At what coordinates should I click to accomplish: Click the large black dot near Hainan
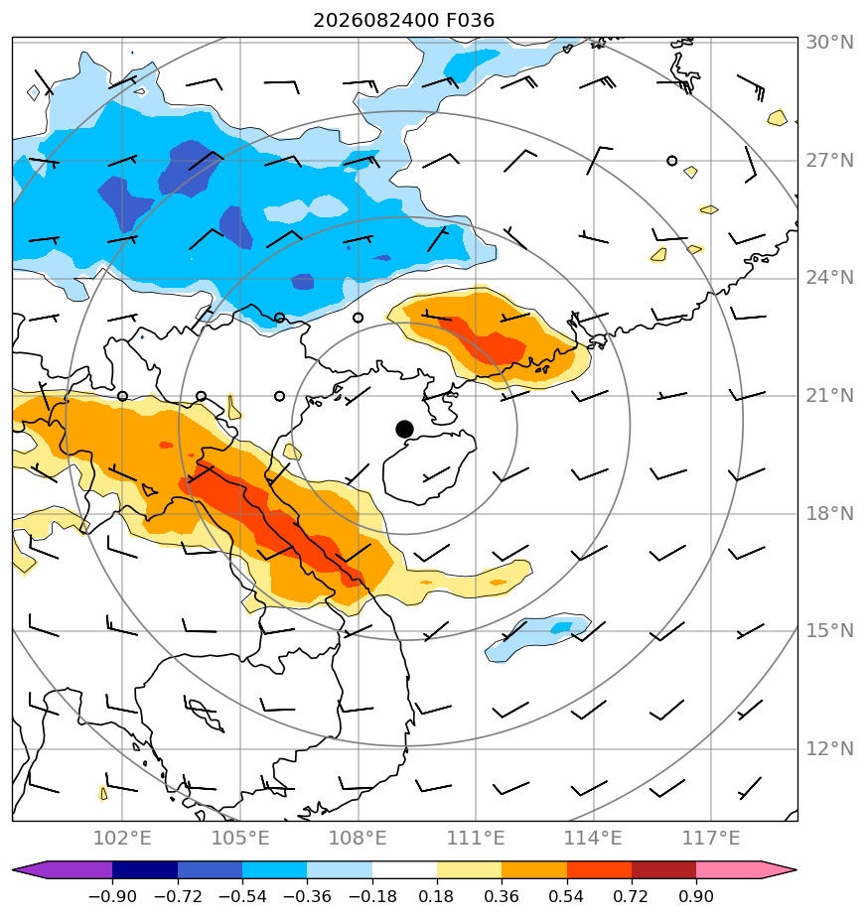404,430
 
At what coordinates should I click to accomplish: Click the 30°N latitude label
829,42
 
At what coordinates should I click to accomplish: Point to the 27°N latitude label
829,160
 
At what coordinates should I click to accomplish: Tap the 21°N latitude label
829,396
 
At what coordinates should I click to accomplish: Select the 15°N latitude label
829,631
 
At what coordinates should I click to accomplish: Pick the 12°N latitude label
829,748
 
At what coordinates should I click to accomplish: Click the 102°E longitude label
122,838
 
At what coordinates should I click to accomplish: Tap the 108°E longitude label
358,838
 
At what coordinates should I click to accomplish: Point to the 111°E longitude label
476,838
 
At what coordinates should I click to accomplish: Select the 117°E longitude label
711,838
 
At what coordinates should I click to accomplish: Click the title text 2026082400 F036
404,21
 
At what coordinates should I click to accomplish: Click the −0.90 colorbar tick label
112,896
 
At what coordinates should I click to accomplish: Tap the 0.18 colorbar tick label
437,896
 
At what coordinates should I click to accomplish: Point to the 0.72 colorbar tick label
631,896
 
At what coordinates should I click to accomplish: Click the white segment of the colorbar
404,869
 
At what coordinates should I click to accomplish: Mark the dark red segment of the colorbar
663,869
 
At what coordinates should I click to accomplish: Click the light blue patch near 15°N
537,637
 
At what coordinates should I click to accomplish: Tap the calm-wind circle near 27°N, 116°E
672,160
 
